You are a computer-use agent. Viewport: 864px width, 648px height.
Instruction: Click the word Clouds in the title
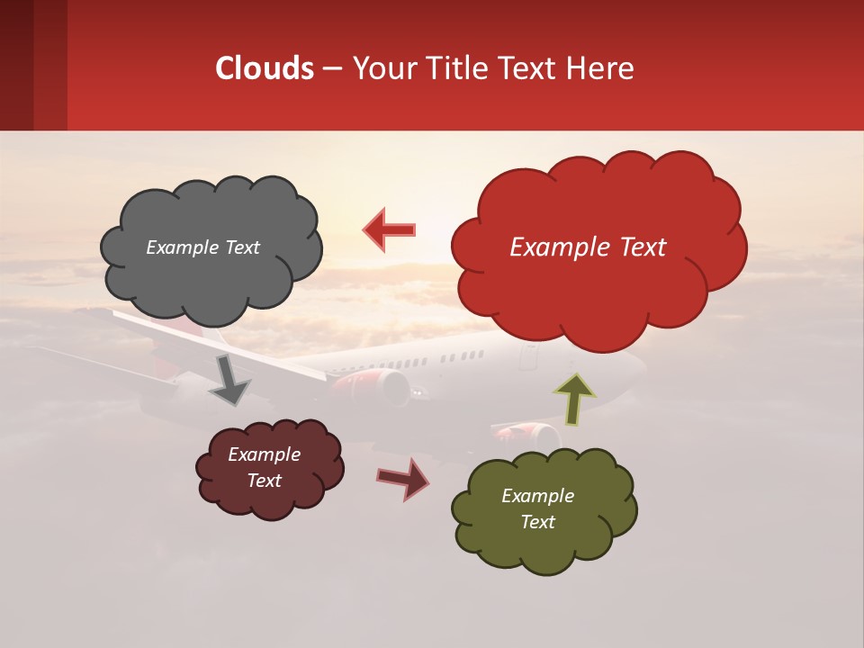point(265,68)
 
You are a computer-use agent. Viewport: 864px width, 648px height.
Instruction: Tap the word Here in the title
point(602,68)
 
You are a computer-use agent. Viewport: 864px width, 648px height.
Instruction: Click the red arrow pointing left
point(390,229)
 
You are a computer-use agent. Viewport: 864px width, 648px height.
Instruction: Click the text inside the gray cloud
point(202,247)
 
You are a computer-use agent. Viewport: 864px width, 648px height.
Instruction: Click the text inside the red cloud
point(588,247)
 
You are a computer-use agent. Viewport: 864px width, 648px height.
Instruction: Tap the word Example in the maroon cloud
point(264,454)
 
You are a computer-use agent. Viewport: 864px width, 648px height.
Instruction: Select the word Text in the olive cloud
point(537,522)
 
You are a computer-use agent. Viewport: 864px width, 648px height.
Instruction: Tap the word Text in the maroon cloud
point(264,481)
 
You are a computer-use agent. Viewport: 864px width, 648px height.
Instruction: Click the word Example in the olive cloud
point(537,496)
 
